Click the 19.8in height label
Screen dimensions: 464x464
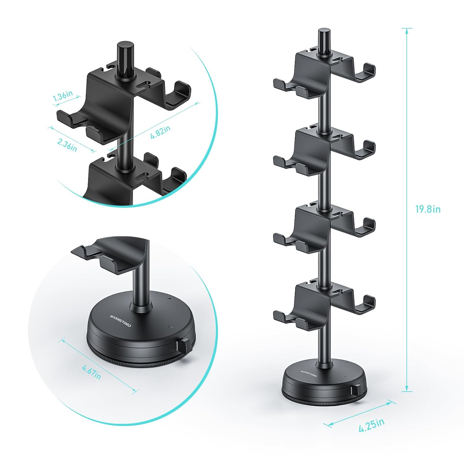[428, 209]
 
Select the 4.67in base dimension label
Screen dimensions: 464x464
[92, 372]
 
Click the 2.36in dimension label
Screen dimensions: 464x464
[67, 144]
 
